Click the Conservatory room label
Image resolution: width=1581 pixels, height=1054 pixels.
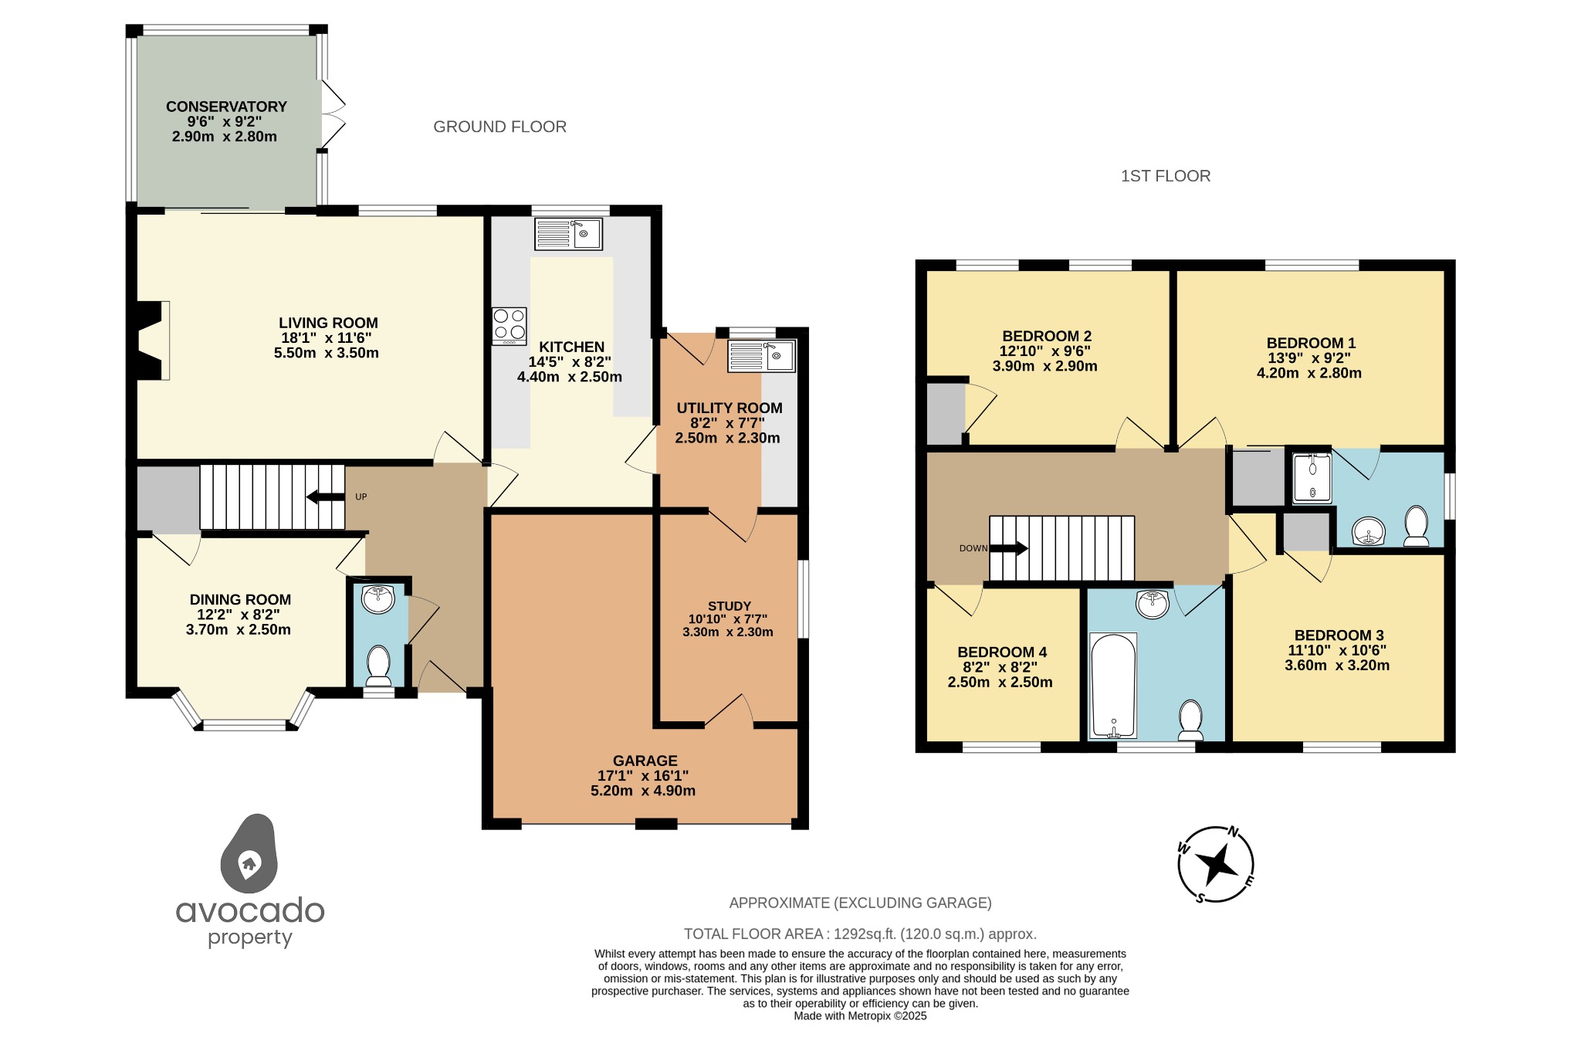226,107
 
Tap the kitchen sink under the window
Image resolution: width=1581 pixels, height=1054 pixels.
568,234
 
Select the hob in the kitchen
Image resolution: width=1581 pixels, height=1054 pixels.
510,326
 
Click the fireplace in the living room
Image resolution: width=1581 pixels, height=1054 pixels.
151,341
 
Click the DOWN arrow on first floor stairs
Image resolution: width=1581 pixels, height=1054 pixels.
1009,548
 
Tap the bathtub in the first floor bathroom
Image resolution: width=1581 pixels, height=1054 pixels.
1112,685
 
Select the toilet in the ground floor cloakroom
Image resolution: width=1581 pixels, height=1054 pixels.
378,665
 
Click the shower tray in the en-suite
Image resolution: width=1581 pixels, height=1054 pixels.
1312,479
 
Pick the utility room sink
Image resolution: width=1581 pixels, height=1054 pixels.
761,357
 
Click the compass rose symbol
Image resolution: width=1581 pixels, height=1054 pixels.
1215,864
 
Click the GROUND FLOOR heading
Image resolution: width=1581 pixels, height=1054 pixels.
499,127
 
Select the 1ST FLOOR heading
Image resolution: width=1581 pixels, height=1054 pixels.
1165,176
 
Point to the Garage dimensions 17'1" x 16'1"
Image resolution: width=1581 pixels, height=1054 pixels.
643,776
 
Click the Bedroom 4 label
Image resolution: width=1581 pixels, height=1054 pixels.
1002,652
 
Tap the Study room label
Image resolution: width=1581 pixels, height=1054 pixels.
729,606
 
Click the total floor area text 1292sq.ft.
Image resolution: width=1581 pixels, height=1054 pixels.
859,934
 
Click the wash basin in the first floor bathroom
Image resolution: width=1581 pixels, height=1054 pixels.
1152,603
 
